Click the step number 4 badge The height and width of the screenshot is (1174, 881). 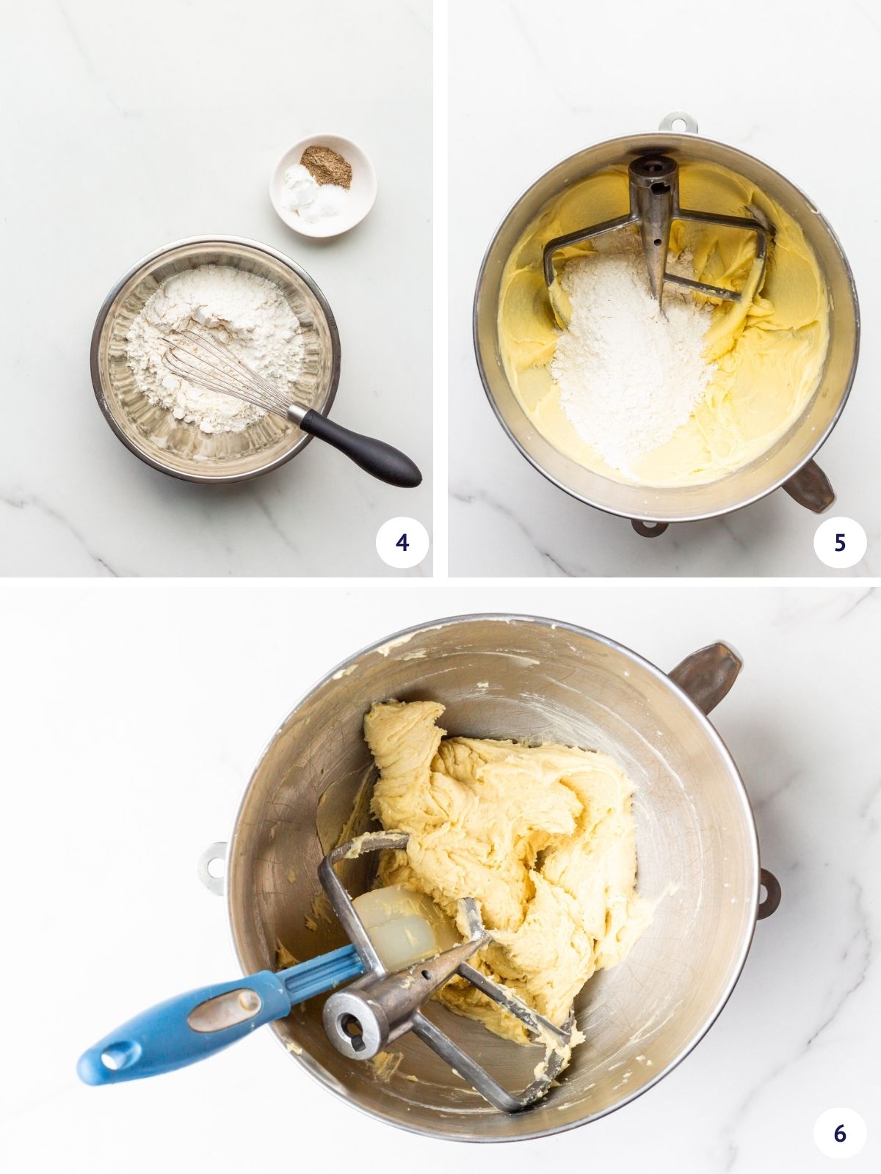coord(402,542)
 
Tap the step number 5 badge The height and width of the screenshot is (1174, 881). coord(840,542)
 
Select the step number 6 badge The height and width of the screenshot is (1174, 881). coord(840,1134)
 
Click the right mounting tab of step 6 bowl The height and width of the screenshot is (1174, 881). coord(767,891)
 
